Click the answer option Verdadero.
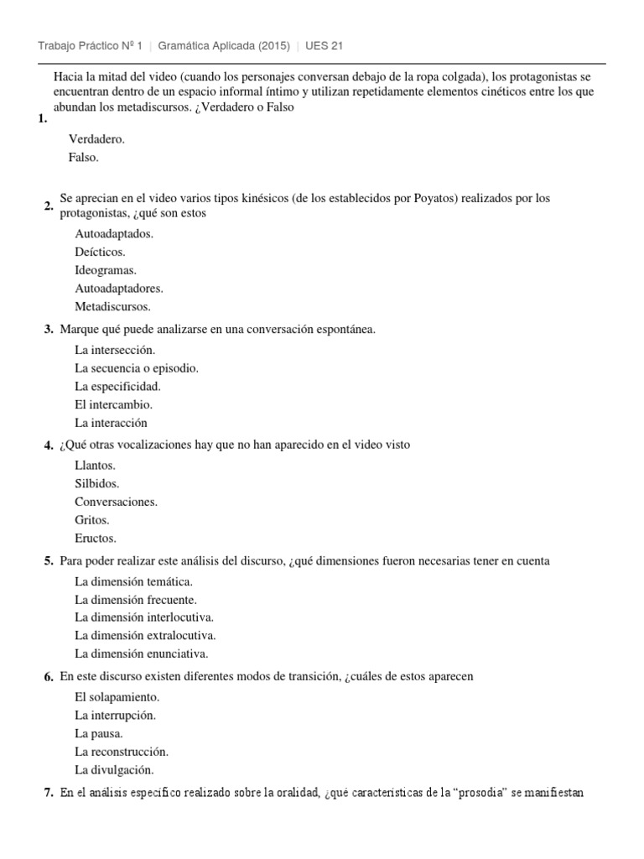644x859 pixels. click(96, 140)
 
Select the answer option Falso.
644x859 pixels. click(84, 158)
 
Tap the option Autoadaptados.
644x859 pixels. click(114, 233)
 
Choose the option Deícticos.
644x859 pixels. click(100, 252)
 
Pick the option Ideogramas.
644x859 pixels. click(106, 270)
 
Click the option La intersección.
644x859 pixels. click(115, 350)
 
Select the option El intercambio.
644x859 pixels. click(113, 404)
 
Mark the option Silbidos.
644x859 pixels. click(96, 483)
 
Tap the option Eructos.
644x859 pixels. click(96, 538)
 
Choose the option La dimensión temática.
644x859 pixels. click(134, 580)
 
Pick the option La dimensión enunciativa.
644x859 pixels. click(141, 653)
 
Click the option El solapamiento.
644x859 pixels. click(117, 696)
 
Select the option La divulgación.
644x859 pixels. click(114, 769)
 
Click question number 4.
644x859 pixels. click(49, 445)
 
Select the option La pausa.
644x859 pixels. click(99, 733)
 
